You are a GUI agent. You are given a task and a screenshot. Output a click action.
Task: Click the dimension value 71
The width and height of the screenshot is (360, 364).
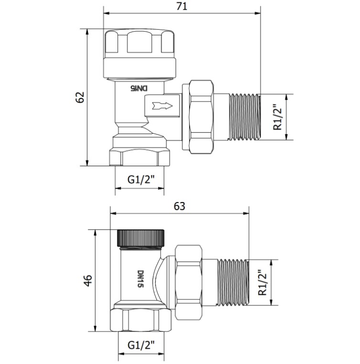[x=181, y=6]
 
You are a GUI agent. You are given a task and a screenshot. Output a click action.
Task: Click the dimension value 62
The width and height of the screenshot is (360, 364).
[x=80, y=97]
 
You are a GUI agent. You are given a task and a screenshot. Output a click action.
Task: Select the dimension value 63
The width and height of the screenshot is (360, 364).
[x=180, y=206]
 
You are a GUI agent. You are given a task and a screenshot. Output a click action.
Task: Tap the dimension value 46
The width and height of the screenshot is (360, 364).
[x=88, y=280]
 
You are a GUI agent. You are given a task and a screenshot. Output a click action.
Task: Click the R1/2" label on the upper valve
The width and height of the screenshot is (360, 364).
[x=277, y=117]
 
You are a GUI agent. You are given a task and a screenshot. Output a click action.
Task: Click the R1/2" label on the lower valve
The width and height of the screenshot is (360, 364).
[x=263, y=282]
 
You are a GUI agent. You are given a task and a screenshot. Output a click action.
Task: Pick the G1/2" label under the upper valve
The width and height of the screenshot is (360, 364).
[x=141, y=180]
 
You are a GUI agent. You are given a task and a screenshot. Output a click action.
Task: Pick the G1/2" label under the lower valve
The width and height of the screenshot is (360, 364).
[x=141, y=345]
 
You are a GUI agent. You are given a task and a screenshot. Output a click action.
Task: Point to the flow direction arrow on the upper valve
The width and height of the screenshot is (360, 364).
[x=162, y=106]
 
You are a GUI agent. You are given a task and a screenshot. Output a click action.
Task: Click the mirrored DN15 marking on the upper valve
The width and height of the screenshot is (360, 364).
[x=139, y=88]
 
